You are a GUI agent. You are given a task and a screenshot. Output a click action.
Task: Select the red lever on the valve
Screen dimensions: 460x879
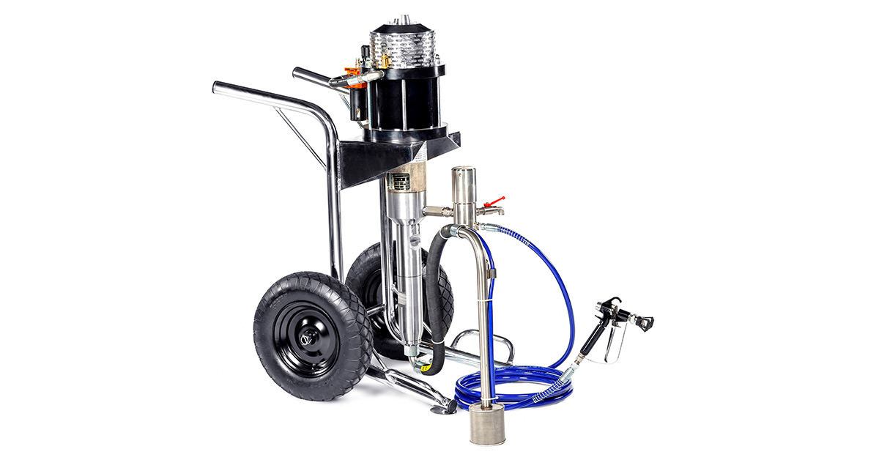click(x=499, y=199)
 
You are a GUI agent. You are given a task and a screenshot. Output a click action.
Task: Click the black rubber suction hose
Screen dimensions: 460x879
click(x=437, y=293)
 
